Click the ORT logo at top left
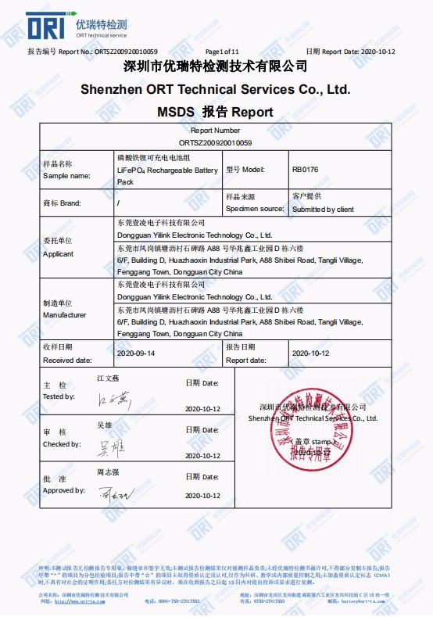pos(48,26)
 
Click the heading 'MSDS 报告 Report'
pos(215,112)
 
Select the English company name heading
pos(215,89)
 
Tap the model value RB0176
pos(306,169)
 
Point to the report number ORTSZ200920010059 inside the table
pos(215,143)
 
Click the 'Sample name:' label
pos(66,176)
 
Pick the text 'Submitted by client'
pos(323,210)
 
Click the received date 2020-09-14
pos(134,353)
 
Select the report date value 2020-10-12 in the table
pos(310,353)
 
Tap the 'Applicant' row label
pos(58,254)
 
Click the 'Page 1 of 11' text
pos(221,52)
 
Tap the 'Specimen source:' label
pos(254,210)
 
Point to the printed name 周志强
pos(107,472)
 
